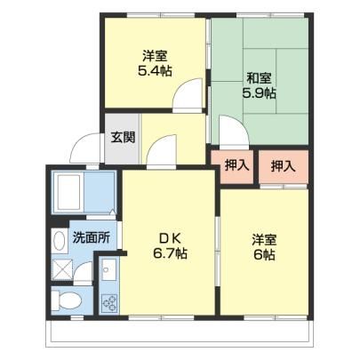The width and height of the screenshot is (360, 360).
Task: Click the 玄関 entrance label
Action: tap(123, 137)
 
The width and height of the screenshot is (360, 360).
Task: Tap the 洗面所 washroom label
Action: tap(92, 237)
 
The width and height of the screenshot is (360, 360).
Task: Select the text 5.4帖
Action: tap(155, 70)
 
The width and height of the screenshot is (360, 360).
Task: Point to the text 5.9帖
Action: tap(260, 93)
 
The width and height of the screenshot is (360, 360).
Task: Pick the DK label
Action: tap(170, 237)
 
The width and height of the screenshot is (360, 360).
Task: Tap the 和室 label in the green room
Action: tap(260, 78)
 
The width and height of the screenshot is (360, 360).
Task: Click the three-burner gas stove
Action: tap(109, 303)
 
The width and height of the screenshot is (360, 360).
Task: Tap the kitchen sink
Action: tap(109, 270)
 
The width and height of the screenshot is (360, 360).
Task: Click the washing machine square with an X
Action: tap(62, 269)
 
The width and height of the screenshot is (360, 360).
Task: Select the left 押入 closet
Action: tap(236, 166)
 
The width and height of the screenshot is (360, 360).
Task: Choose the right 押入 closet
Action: tap(284, 166)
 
